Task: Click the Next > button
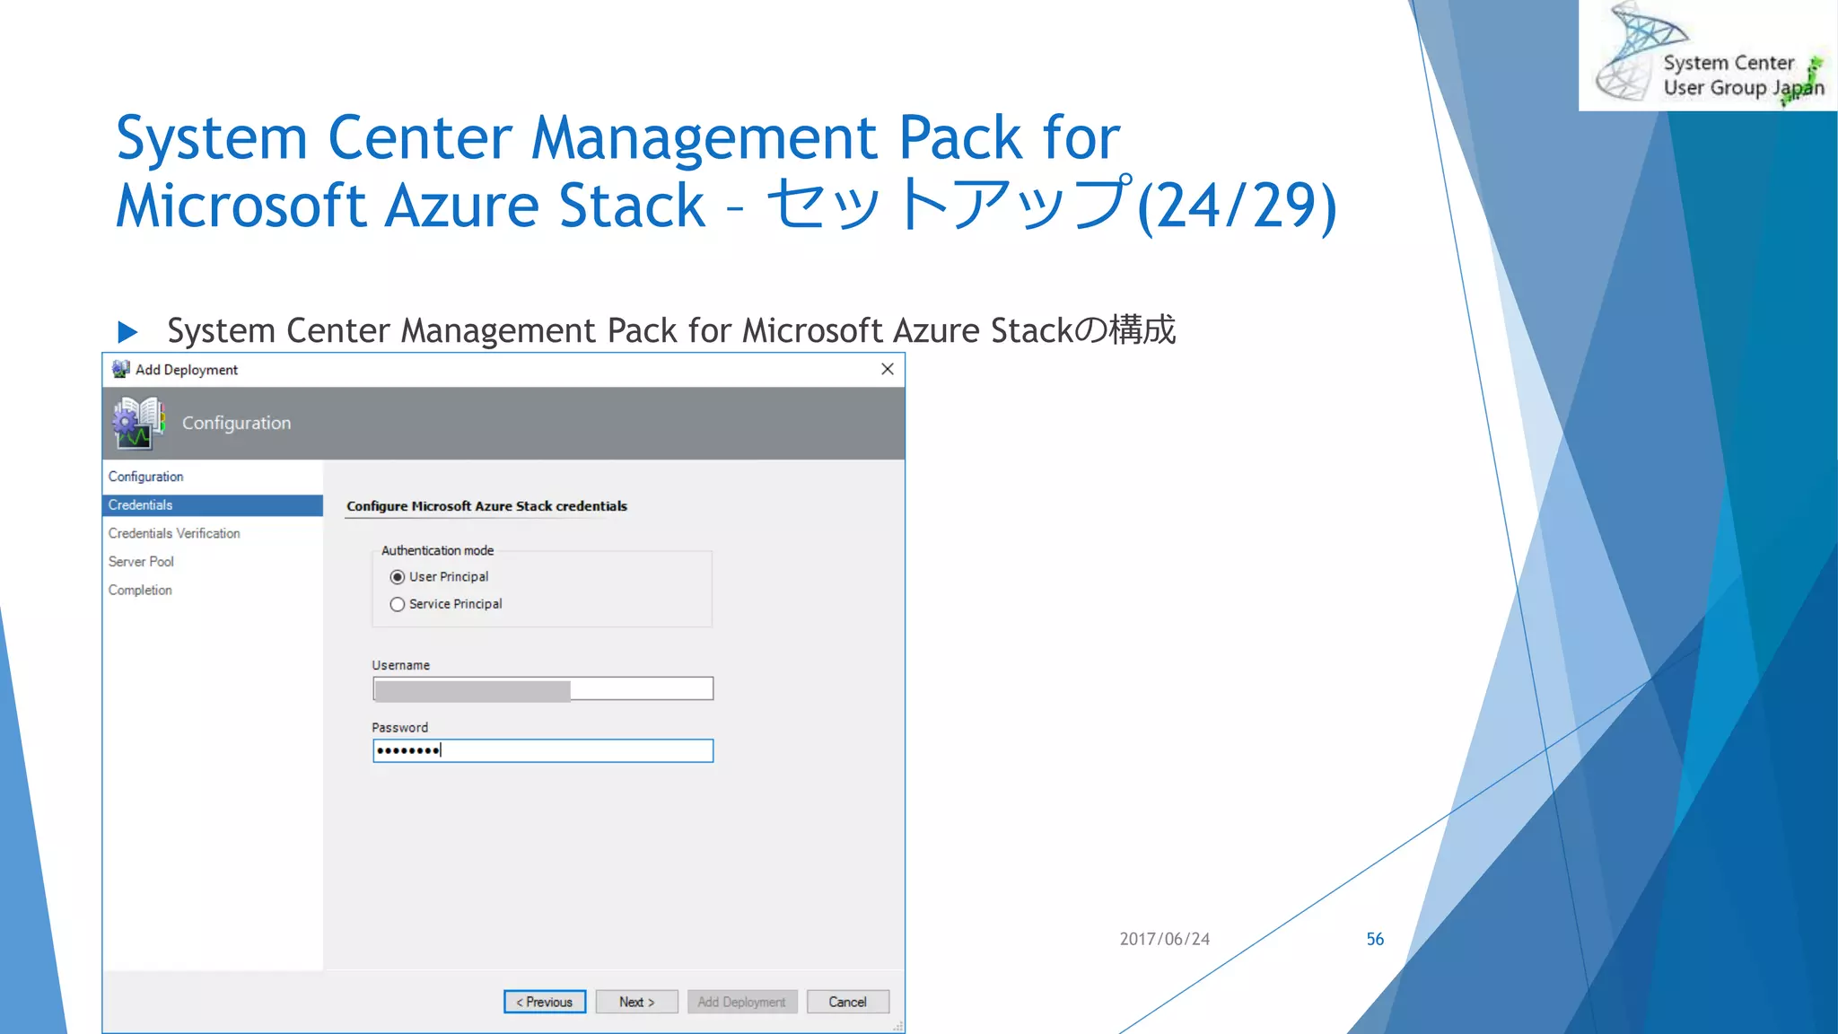[636, 1002]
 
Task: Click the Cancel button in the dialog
[847, 1002]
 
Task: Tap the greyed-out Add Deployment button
[741, 1002]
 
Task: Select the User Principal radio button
[398, 577]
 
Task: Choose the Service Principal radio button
[398, 605]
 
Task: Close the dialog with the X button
[888, 369]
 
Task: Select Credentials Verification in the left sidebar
[174, 533]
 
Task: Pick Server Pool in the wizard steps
[141, 562]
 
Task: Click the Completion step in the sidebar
[140, 590]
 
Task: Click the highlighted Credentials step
[141, 505]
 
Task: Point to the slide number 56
[1375, 939]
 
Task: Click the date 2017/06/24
[1164, 939]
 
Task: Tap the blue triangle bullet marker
[127, 332]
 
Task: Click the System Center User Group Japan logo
[1708, 56]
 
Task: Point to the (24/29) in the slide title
[1237, 206]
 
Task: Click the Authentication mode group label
[437, 550]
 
